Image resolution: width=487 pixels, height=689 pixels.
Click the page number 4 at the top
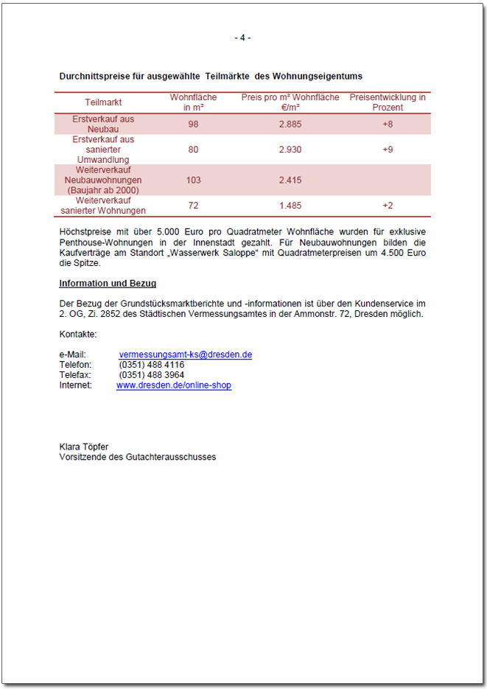click(x=243, y=38)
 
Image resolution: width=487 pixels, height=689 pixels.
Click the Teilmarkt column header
click(x=103, y=102)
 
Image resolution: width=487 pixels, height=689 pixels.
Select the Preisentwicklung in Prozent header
click(x=388, y=102)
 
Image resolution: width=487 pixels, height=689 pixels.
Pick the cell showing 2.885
click(x=290, y=124)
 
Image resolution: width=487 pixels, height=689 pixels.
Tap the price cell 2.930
click(x=290, y=150)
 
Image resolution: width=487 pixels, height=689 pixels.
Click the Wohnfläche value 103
click(x=194, y=180)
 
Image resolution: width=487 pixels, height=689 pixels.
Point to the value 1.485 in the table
click(x=290, y=206)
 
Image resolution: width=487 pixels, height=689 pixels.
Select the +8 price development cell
click(x=388, y=124)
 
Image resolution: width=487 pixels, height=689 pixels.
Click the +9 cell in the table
click(x=388, y=150)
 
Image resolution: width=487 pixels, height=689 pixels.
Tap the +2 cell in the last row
click(x=388, y=206)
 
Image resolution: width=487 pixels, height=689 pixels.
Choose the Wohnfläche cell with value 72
click(x=194, y=206)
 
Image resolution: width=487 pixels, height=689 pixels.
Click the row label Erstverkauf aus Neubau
click(x=103, y=124)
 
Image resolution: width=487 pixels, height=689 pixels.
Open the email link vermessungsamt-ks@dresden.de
click(x=186, y=354)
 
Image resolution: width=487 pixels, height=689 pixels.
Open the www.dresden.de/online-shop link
click(x=174, y=385)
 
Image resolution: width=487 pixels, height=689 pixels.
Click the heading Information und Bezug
click(x=108, y=284)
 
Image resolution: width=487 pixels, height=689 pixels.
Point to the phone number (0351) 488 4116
click(x=152, y=365)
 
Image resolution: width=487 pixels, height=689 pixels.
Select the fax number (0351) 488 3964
click(x=152, y=375)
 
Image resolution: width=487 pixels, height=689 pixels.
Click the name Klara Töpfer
click(x=84, y=447)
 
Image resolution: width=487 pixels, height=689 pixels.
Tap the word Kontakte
click(x=78, y=334)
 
